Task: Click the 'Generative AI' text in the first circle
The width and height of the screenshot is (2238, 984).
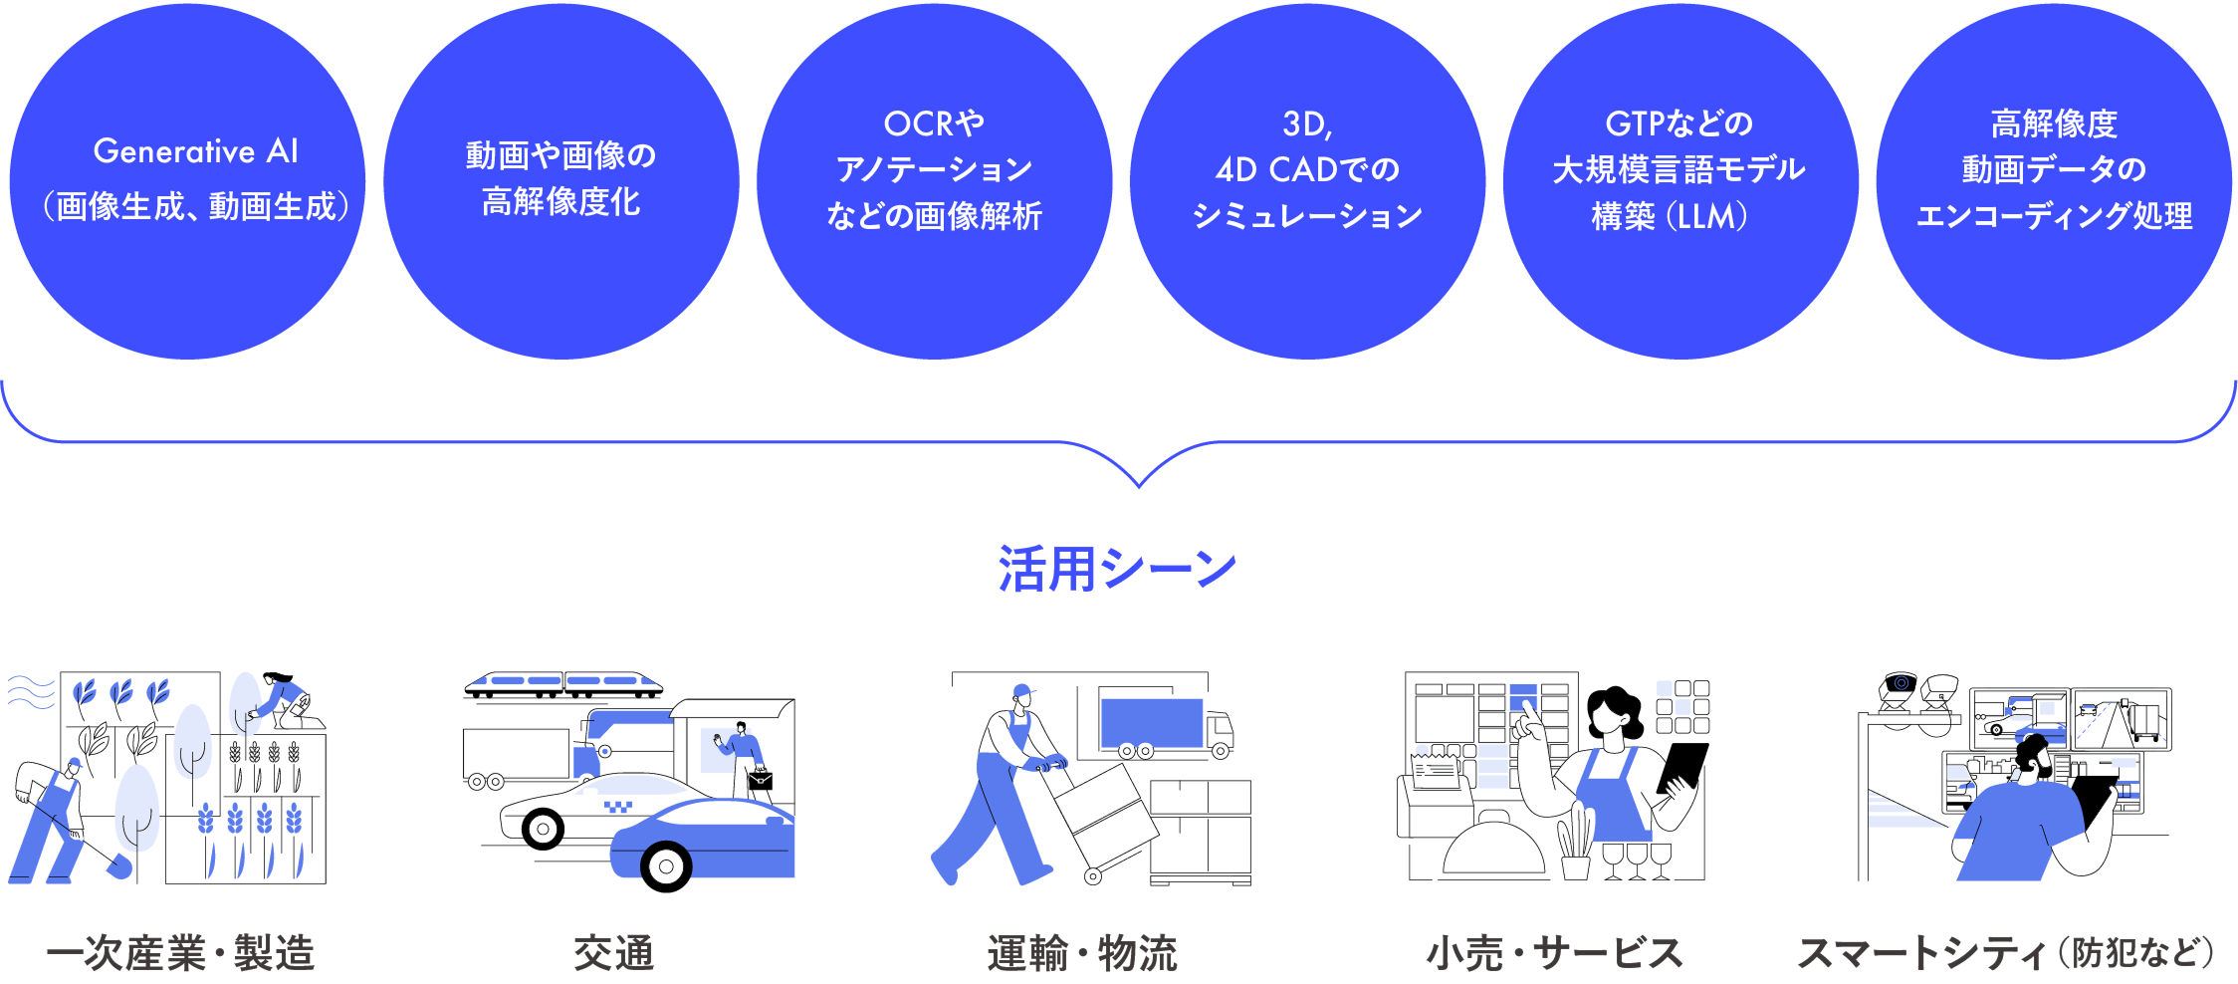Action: tap(195, 151)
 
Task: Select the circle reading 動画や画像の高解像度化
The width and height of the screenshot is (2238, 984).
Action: tap(560, 180)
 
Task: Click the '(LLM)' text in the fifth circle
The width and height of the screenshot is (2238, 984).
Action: tap(1711, 216)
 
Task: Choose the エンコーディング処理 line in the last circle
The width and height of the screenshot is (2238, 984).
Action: tap(2053, 216)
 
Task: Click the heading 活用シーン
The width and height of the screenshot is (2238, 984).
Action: tap(1117, 569)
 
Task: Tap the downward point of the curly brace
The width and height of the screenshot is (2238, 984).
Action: tap(1139, 485)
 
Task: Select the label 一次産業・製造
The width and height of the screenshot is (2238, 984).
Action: tap(180, 953)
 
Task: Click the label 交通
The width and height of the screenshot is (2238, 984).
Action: tap(613, 953)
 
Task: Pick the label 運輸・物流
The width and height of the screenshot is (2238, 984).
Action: tap(1082, 953)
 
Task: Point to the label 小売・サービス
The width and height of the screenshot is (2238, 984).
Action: tap(1554, 953)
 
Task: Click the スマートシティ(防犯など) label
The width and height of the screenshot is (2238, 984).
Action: tap(2005, 953)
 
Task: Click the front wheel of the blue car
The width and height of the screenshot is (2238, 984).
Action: tap(665, 866)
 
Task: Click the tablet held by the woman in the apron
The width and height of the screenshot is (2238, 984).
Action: tap(1685, 766)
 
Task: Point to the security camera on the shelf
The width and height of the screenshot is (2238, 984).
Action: tap(1899, 687)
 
